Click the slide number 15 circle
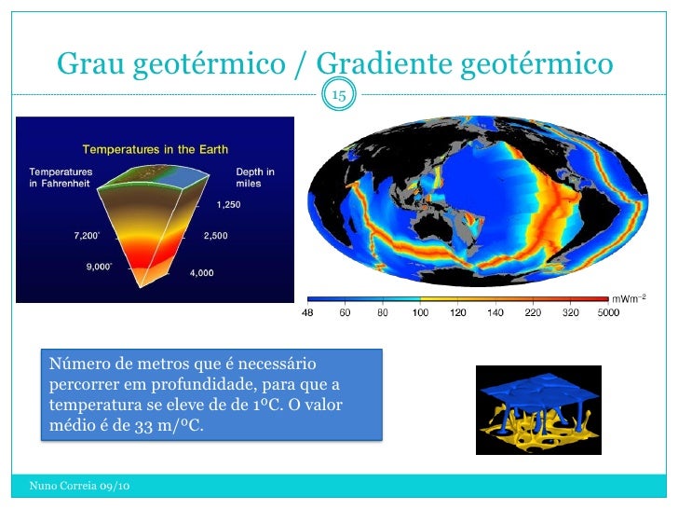coord(339,95)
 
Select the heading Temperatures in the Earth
coord(156,149)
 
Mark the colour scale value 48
coord(307,313)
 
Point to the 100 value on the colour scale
coord(420,313)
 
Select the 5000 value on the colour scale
coord(608,313)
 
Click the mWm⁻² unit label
coord(629,297)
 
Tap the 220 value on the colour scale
coord(533,313)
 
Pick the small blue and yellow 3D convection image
coord(538,409)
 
